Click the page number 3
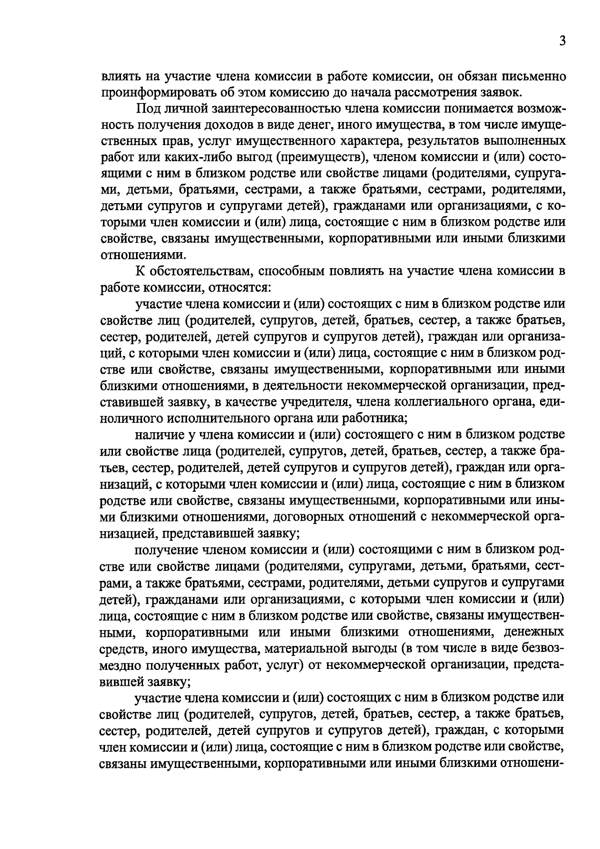point(562,42)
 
